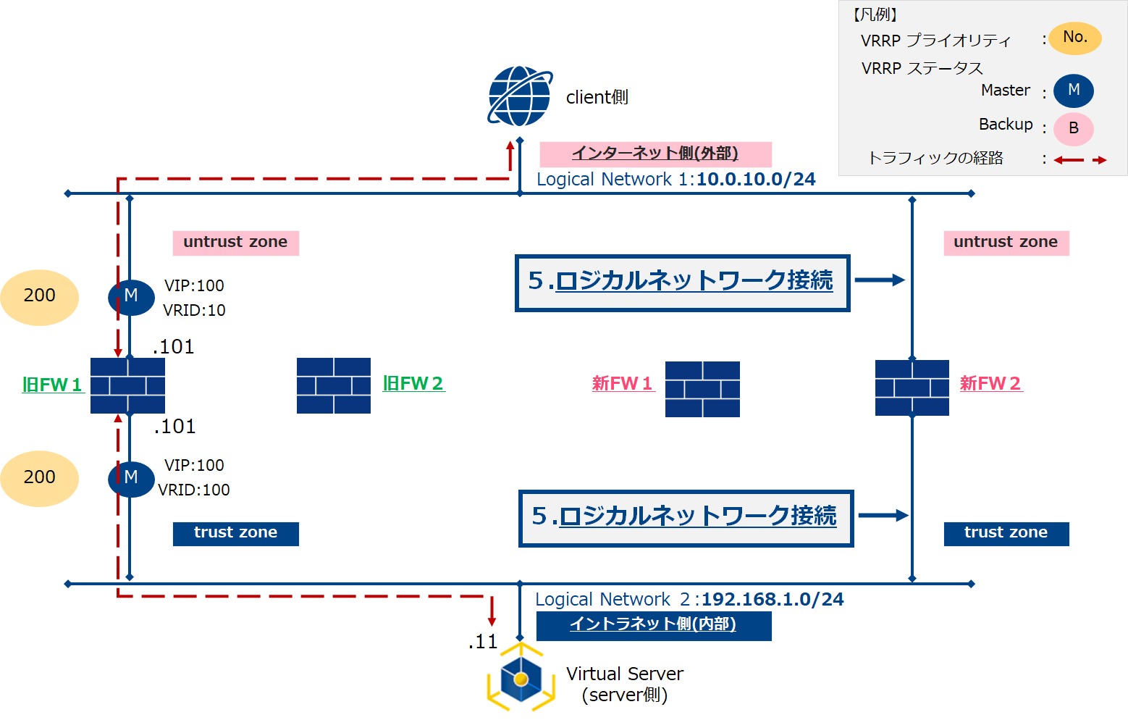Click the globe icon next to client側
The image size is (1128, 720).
[x=520, y=96]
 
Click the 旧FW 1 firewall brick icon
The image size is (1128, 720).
[x=127, y=385]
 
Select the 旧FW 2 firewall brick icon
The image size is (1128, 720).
[x=334, y=385]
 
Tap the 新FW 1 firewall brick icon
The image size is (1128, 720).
[x=702, y=389]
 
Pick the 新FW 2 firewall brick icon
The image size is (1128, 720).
[x=912, y=388]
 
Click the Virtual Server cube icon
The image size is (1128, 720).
[x=521, y=679]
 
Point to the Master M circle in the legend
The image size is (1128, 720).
[x=1073, y=91]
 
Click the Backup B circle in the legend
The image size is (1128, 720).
[x=1073, y=129]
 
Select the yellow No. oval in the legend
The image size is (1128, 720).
[x=1075, y=38]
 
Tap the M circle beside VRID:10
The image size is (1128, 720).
[x=131, y=296]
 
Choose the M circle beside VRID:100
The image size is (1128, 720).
[x=131, y=478]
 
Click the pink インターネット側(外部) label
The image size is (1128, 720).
[x=655, y=154]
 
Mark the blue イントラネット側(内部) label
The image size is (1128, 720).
[x=653, y=625]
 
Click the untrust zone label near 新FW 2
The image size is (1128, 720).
[x=1006, y=243]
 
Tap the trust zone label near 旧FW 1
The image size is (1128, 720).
[x=235, y=533]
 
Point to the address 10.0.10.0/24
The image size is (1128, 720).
[x=756, y=180]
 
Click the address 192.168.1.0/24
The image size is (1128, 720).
[x=773, y=600]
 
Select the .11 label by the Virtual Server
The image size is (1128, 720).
[x=483, y=642]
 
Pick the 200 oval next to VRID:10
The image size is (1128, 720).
[x=39, y=296]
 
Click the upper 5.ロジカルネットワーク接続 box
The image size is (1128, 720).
[x=681, y=282]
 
